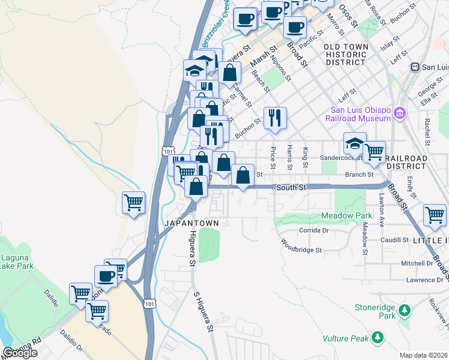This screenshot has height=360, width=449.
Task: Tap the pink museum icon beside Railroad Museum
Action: click(399, 112)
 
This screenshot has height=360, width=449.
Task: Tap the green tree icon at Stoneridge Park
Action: click(405, 310)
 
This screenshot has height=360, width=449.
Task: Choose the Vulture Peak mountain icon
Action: click(377, 338)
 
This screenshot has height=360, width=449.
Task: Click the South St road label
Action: click(292, 188)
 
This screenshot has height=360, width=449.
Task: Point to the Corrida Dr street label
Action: click(313, 230)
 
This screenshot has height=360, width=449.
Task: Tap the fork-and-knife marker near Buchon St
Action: click(275, 118)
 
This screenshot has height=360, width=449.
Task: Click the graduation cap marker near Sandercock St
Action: click(355, 144)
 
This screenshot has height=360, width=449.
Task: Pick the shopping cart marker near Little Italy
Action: click(434, 214)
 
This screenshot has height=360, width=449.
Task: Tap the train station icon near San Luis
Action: click(414, 67)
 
